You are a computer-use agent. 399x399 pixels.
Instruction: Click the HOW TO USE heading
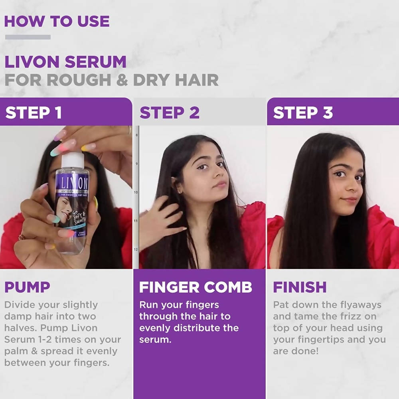pos(57,21)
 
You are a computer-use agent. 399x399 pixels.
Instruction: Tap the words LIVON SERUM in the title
pos(65,62)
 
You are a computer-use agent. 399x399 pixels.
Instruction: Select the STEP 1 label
pos(34,113)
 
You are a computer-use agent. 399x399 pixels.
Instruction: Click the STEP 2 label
pos(170,113)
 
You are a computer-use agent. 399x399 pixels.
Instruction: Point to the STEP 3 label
pos(303,113)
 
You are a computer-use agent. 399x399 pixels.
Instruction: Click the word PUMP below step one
pos(27,287)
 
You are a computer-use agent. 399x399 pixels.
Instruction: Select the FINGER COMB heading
pos(196,287)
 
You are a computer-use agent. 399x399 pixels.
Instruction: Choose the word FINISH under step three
pos(300,287)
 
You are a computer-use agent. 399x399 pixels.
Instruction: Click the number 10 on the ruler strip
pos(136,192)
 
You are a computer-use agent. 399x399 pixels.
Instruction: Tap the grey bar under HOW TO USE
pos(28,37)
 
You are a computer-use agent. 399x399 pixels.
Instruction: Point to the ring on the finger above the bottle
pos(129,130)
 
